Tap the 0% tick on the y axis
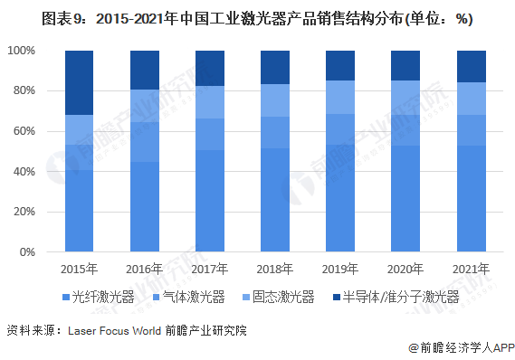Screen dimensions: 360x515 (x=27, y=252)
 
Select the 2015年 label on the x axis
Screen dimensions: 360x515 (x=79, y=269)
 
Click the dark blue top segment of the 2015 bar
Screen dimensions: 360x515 (x=80, y=82)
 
